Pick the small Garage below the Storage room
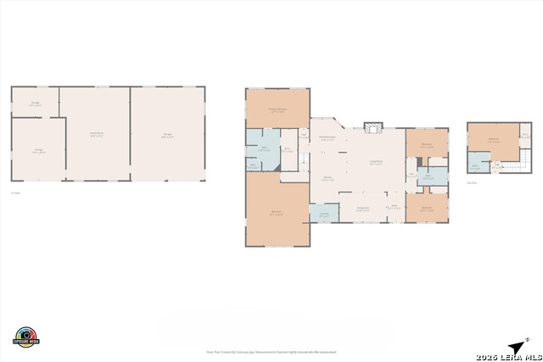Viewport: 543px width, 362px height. [x=38, y=150]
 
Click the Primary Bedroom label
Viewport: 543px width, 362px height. [x=277, y=109]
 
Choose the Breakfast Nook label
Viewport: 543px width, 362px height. [x=327, y=138]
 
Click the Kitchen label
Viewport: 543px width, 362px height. [x=326, y=179]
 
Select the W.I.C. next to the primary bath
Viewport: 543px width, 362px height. [x=287, y=151]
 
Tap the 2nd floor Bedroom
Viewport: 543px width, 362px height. [x=494, y=139]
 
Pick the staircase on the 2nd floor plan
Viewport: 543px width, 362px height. [x=515, y=164]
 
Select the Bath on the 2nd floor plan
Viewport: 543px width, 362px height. [x=476, y=166]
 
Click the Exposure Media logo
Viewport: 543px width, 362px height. [x=26, y=337]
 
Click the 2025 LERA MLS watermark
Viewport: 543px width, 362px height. [x=507, y=356]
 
